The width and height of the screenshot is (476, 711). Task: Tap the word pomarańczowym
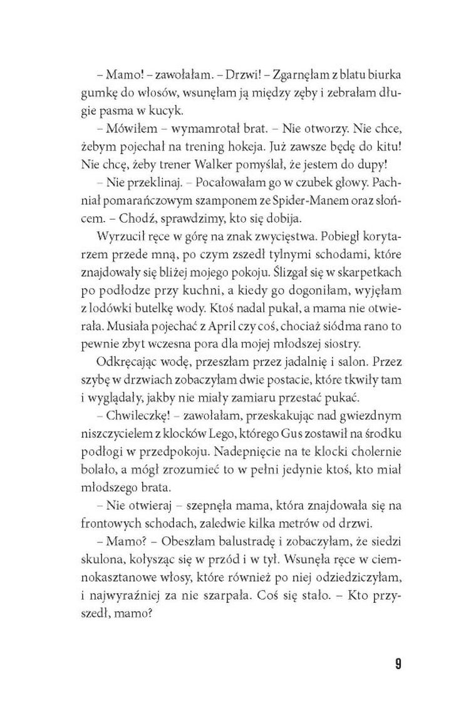[152, 204]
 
